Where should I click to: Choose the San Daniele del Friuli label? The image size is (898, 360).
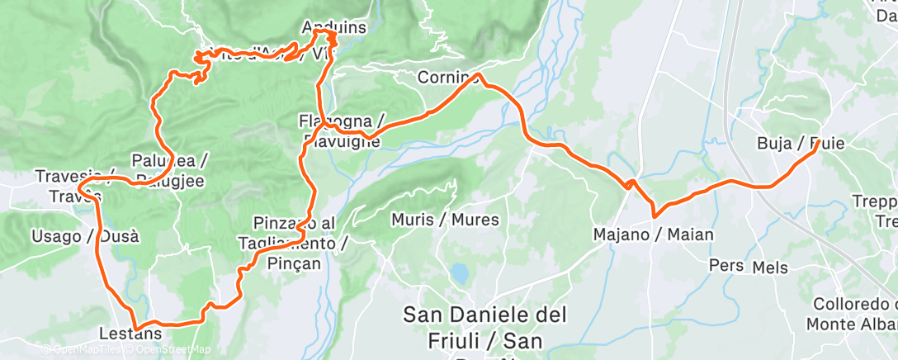485,327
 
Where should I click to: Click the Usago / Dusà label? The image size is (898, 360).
85,237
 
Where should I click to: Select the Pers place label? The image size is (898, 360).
725,265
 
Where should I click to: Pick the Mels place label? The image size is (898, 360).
770,268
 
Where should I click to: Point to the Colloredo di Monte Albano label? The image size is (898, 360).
854,313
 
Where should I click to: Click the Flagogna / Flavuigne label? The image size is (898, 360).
339,131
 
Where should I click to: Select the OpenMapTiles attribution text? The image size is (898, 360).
87,350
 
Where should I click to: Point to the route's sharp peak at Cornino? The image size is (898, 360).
479,75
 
